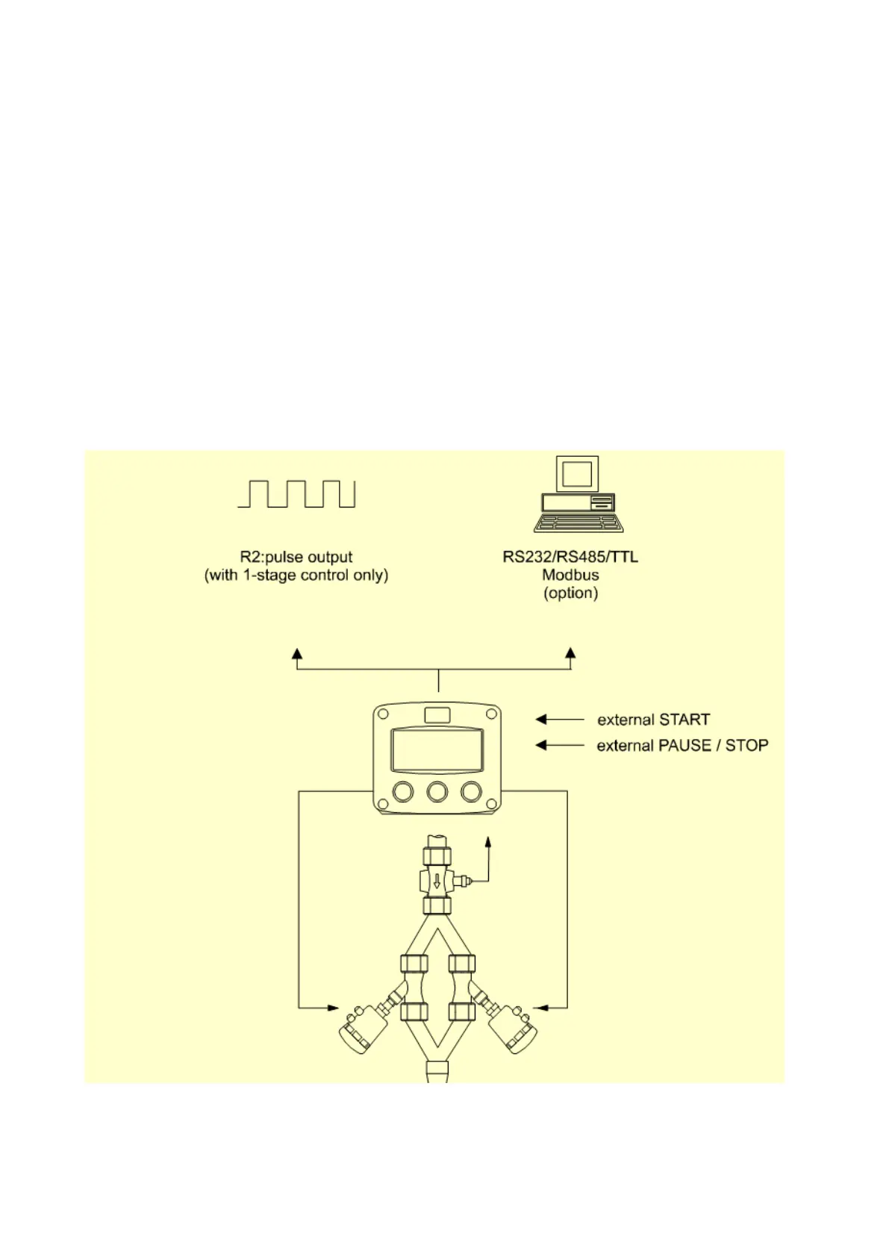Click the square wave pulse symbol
[x=296, y=494]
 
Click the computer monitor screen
[x=577, y=475]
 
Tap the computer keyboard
[x=578, y=523]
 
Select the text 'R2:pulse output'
[x=296, y=557]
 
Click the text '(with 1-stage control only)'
[x=296, y=576]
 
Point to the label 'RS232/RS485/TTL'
[x=570, y=557]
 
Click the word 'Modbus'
[x=570, y=575]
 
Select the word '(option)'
[x=570, y=593]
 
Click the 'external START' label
[x=653, y=720]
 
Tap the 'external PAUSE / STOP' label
[x=682, y=746]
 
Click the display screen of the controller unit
[x=437, y=750]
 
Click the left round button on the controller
[x=403, y=791]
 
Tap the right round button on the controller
[x=472, y=791]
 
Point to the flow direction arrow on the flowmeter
[x=437, y=882]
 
